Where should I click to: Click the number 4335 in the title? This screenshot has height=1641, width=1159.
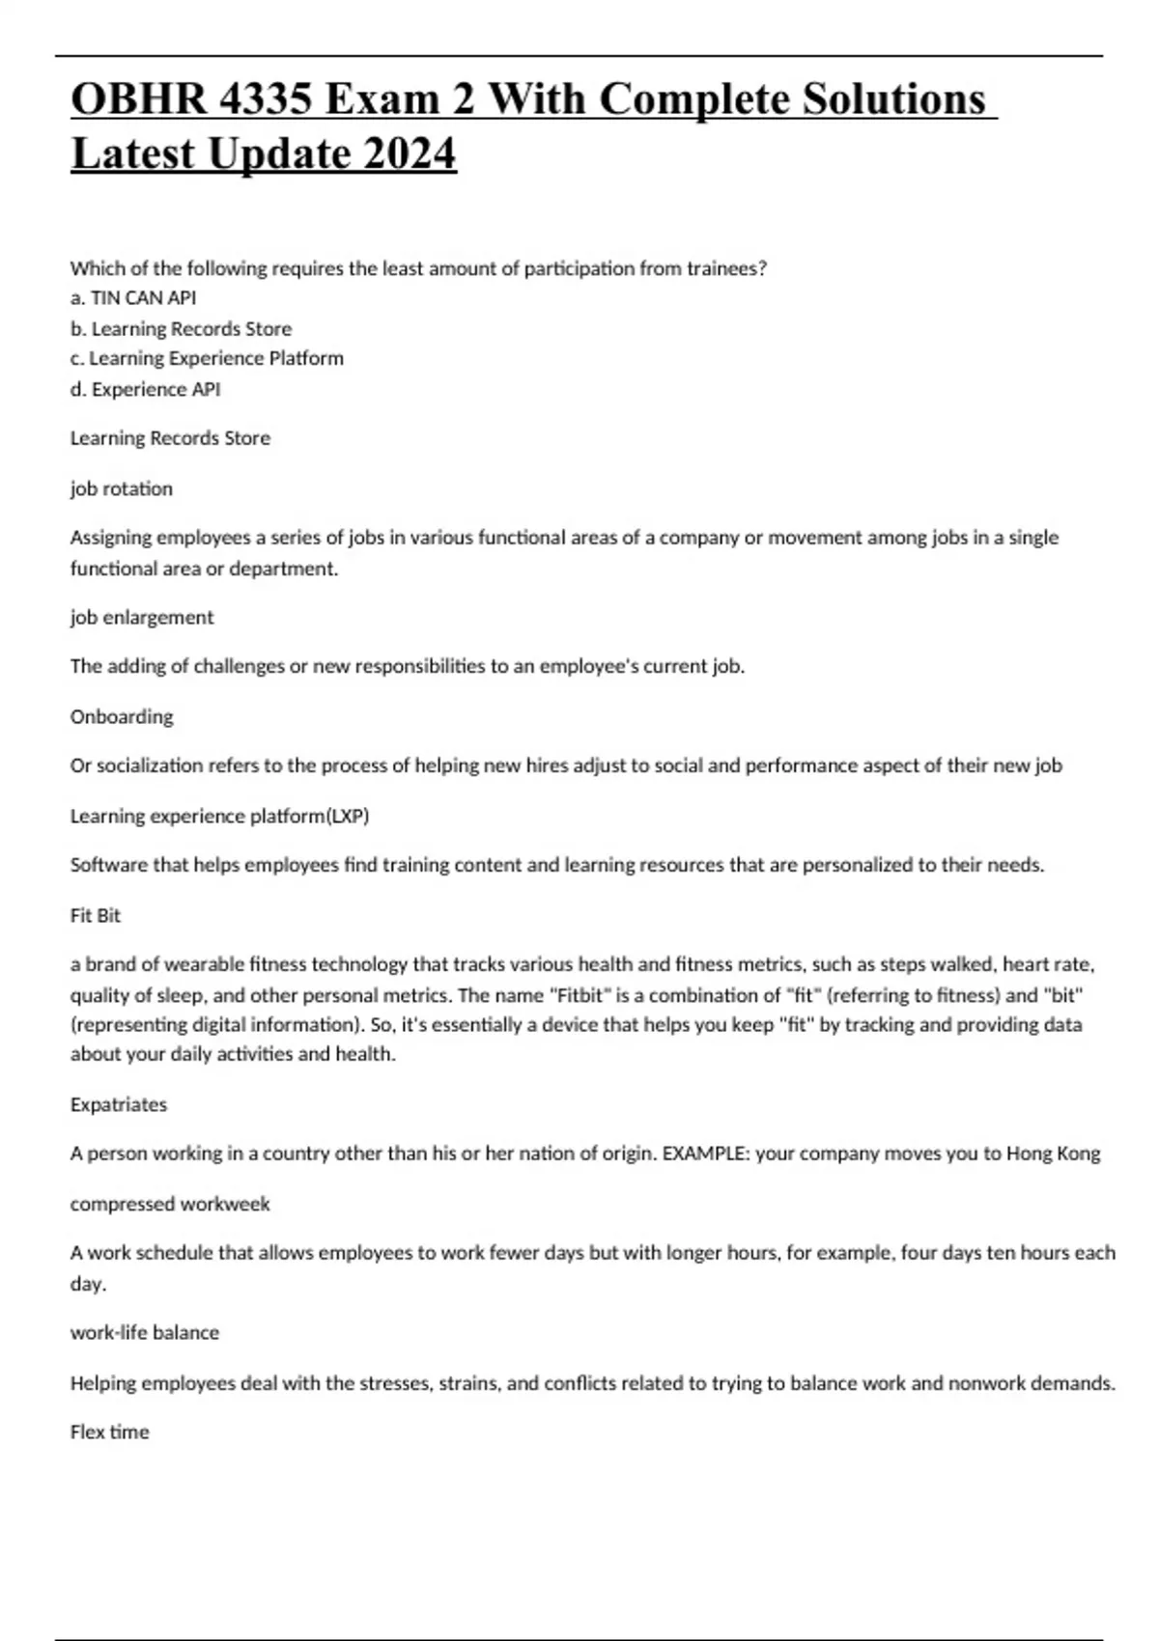click(267, 100)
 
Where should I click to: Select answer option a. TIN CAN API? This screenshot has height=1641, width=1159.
click(133, 298)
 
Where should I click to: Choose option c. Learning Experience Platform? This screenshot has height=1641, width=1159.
click(207, 358)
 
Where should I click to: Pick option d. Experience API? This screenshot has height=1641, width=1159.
click(145, 389)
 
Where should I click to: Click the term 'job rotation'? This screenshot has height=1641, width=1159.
click(122, 488)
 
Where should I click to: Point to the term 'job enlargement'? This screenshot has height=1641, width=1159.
click(142, 617)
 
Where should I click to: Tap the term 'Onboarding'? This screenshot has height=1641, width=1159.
click(122, 716)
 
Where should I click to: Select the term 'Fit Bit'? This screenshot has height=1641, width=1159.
click(96, 915)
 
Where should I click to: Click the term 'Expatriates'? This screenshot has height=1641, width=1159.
click(119, 1104)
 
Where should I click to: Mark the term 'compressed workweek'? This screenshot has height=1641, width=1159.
click(170, 1204)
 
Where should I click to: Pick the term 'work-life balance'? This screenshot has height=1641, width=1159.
click(145, 1332)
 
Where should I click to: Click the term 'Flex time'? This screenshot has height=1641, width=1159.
click(110, 1432)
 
